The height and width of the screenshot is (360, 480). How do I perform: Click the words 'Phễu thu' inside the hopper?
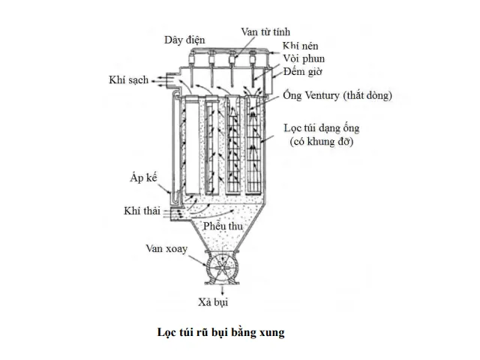[231, 224]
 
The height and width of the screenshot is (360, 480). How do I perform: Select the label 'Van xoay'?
[167, 247]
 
